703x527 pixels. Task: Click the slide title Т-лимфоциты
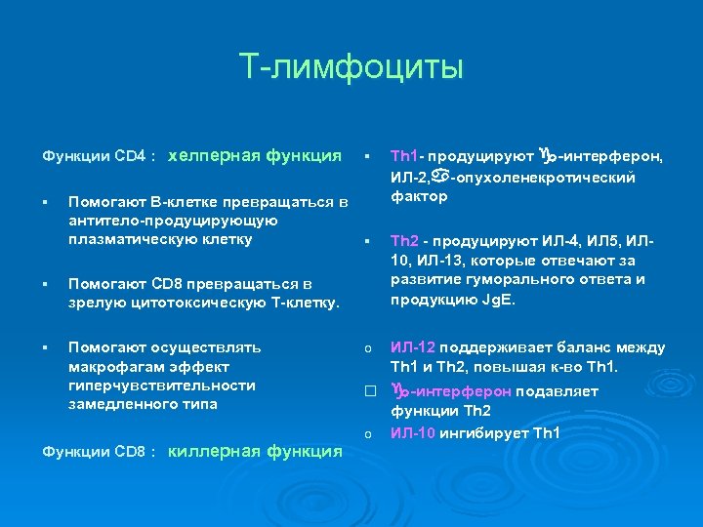(x=351, y=68)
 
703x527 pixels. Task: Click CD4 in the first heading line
(x=130, y=156)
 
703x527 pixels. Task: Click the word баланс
(x=586, y=347)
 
